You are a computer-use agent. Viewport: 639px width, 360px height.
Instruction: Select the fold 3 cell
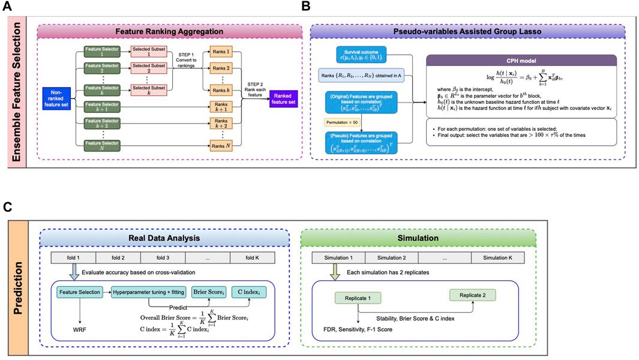161,257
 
